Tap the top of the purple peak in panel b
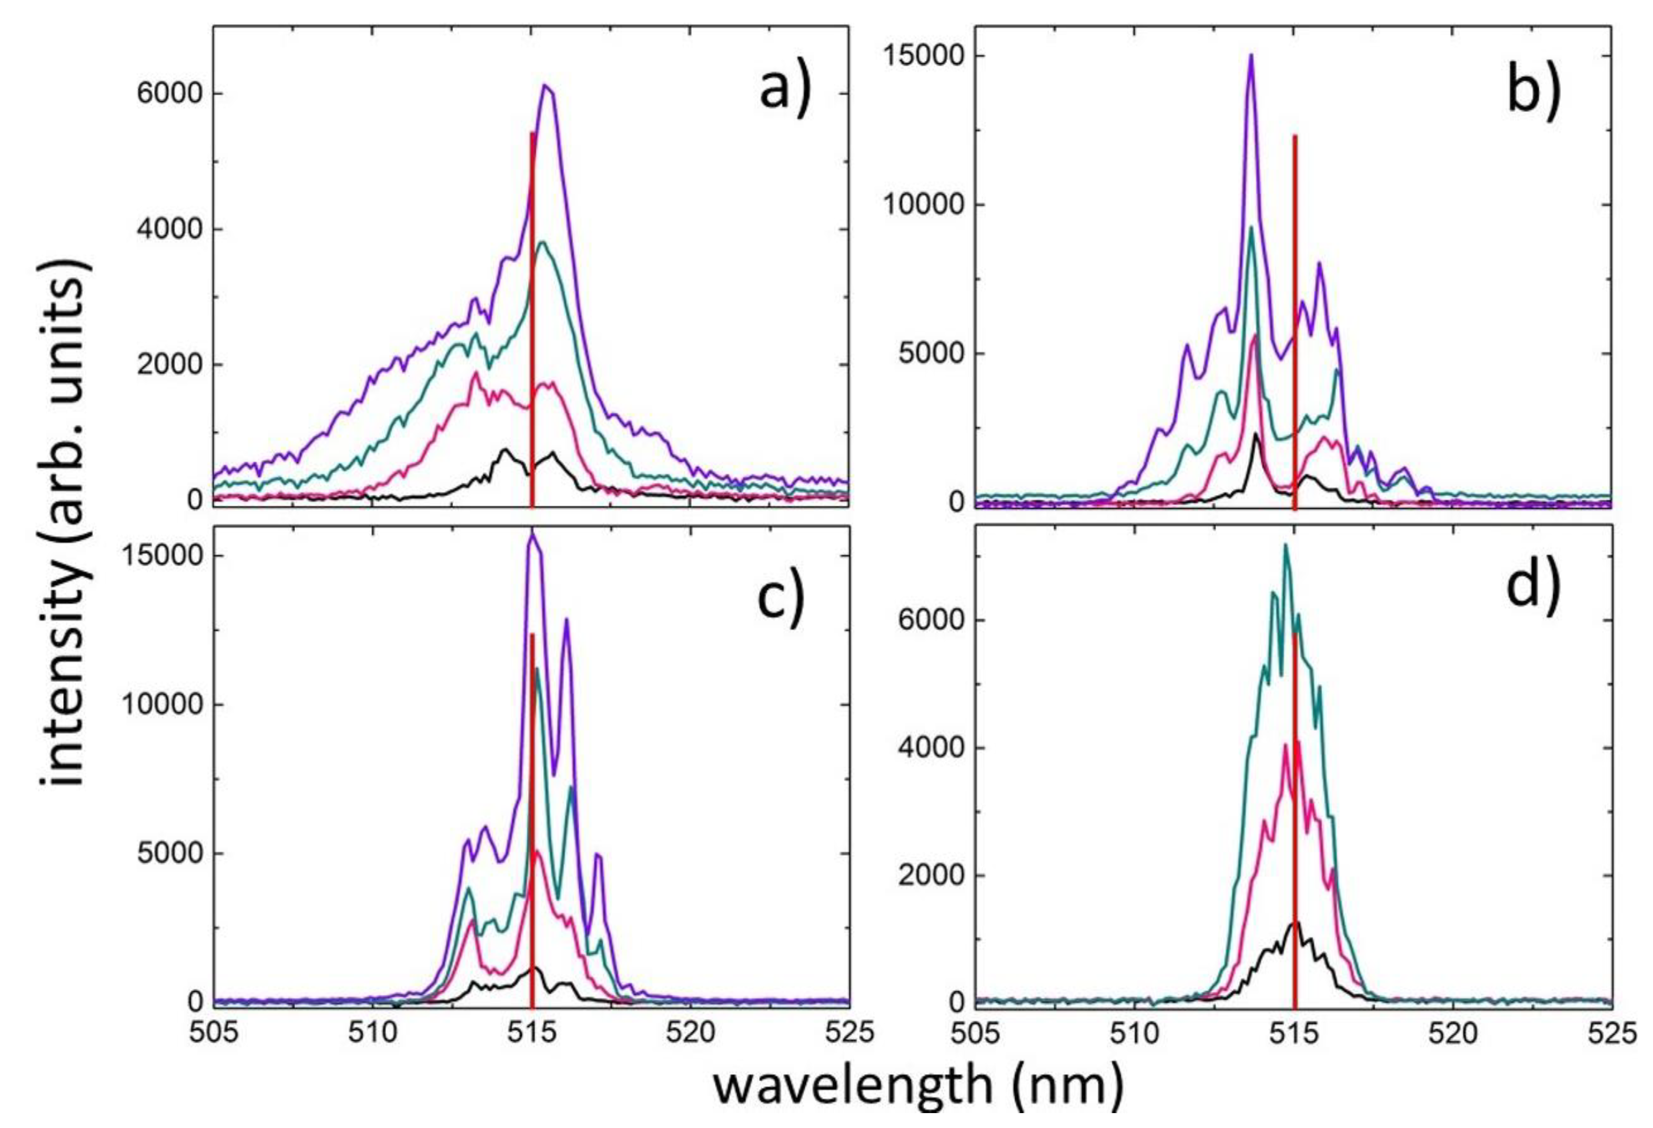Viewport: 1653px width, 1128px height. click(1251, 56)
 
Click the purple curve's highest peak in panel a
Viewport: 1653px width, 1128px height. click(546, 87)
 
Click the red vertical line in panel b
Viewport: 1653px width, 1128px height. click(1295, 320)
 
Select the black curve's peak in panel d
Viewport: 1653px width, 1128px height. click(1295, 922)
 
